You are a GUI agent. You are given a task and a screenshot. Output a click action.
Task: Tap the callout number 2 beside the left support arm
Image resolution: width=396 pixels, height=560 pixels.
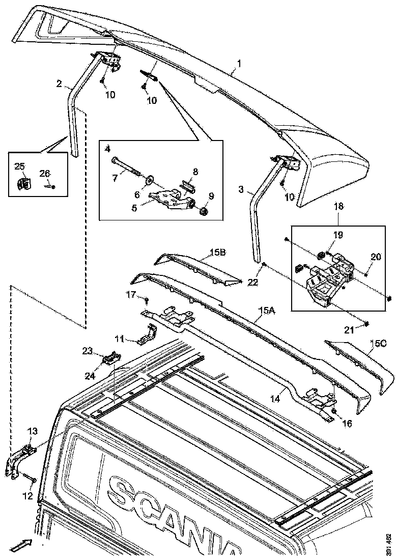tap(60, 83)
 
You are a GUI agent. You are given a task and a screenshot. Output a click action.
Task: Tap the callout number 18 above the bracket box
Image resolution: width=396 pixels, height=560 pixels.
tap(338, 207)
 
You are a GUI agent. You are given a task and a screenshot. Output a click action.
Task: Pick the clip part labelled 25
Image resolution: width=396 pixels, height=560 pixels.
tap(22, 184)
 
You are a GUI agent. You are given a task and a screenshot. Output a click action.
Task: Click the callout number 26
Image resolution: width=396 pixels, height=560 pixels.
tap(45, 174)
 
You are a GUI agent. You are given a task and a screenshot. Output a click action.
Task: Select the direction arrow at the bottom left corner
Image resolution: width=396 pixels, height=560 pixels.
tap(20, 546)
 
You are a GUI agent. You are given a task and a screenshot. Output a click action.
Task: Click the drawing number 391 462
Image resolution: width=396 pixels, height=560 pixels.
tap(389, 543)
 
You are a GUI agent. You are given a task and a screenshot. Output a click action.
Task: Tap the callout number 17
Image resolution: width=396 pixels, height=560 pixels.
tap(131, 294)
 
